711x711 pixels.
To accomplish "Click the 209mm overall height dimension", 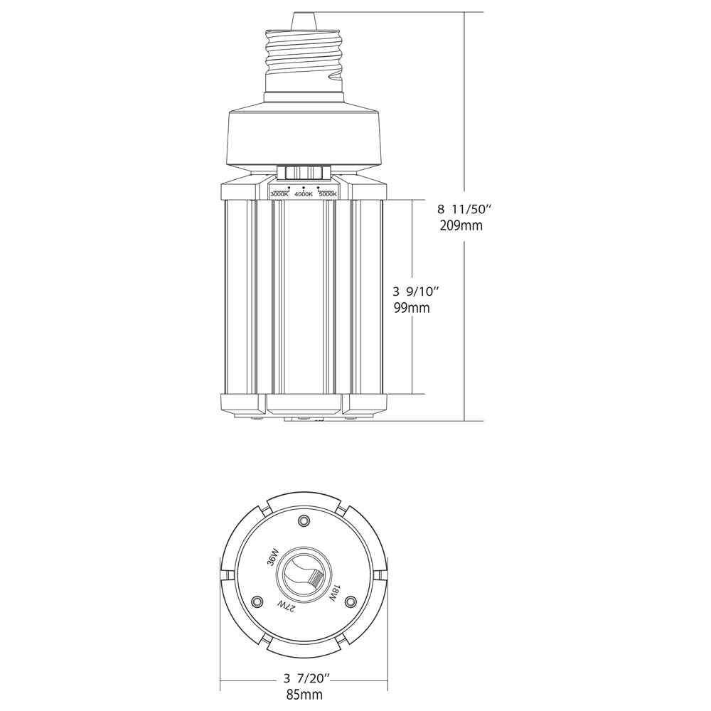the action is click(x=461, y=225).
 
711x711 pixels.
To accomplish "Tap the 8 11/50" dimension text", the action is click(x=464, y=209).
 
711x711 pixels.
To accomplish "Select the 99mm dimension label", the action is click(x=412, y=309).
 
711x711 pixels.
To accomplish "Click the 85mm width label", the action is click(x=304, y=694).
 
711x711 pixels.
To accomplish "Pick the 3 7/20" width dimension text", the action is click(x=305, y=679).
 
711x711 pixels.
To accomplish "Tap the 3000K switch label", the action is click(x=279, y=194).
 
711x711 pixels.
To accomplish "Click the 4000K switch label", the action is click(x=304, y=194).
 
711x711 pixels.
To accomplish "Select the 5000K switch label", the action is click(x=328, y=194).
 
